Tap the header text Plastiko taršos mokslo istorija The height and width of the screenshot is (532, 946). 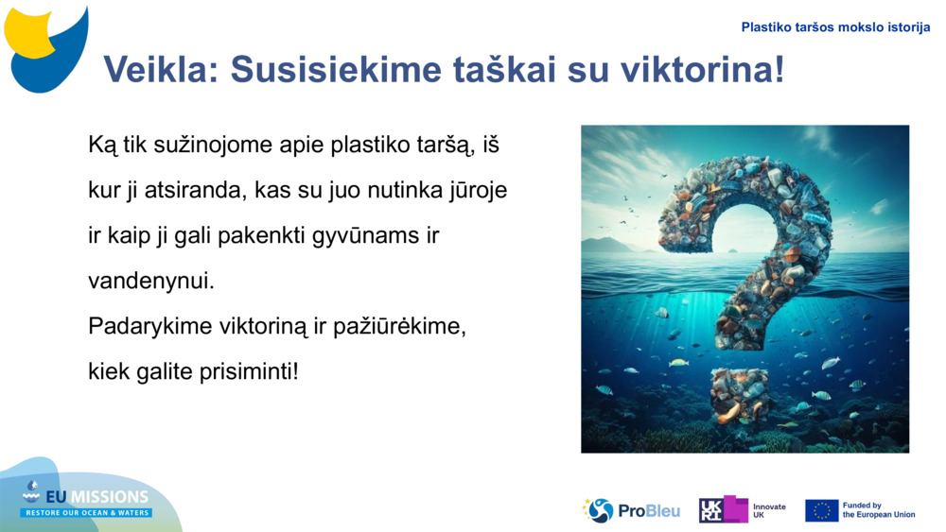pyautogui.click(x=835, y=27)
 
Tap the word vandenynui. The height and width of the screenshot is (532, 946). pyautogui.click(x=151, y=281)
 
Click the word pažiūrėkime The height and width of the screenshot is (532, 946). pyautogui.click(x=400, y=326)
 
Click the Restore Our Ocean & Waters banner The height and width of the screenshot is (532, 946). pyautogui.click(x=87, y=512)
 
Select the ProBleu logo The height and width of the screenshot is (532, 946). pyautogui.click(x=631, y=510)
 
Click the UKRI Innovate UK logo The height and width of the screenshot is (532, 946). pyautogui.click(x=742, y=510)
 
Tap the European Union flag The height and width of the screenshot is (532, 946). pyautogui.click(x=821, y=510)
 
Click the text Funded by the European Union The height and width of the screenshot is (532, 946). pyautogui.click(x=878, y=510)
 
